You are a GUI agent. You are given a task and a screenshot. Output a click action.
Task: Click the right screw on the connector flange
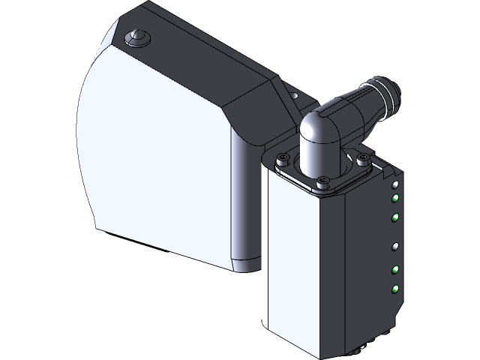coord(364,158)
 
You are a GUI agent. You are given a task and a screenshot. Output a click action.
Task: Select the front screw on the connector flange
coord(322,180)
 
